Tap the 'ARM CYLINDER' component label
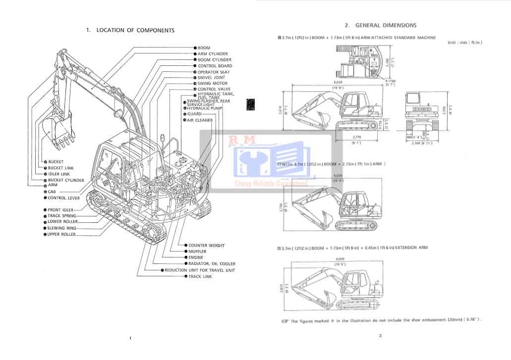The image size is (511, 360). pyautogui.click(x=213, y=54)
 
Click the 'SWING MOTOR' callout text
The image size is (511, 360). pyautogui.click(x=212, y=84)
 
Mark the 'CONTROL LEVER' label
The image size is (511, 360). pyautogui.click(x=63, y=198)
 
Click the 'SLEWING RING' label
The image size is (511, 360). pyautogui.click(x=62, y=228)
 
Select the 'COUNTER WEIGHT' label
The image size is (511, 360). pyautogui.click(x=206, y=246)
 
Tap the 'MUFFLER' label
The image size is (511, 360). pyautogui.click(x=197, y=252)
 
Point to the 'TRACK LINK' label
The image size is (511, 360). pyautogui.click(x=200, y=276)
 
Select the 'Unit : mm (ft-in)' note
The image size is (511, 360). pyautogui.click(x=464, y=43)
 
